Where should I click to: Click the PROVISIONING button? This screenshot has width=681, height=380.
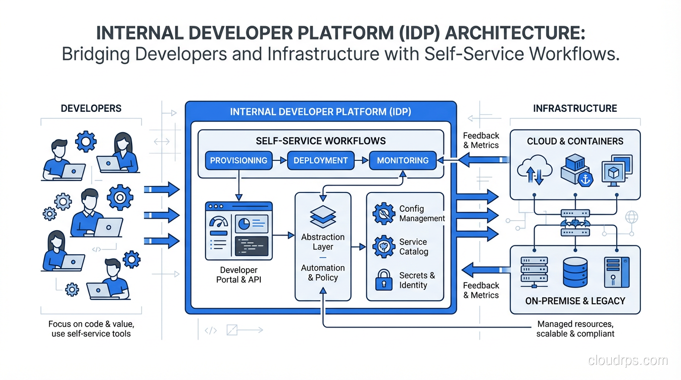[x=239, y=160]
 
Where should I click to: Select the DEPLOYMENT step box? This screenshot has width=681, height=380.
[x=321, y=160]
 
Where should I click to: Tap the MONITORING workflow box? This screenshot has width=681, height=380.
[x=402, y=160]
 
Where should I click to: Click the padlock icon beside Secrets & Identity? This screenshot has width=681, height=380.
[x=384, y=280]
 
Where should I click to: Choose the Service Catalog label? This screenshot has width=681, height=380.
[x=414, y=246]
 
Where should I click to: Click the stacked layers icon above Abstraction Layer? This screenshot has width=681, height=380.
[x=323, y=217]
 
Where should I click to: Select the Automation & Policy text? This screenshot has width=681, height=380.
[x=323, y=273]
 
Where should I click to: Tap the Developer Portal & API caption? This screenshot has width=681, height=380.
[x=239, y=275]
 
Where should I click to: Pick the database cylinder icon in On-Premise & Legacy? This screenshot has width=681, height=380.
[x=575, y=272]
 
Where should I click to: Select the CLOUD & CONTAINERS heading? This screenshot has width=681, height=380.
[x=575, y=141]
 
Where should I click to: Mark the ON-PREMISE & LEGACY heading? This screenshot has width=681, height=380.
[x=575, y=301]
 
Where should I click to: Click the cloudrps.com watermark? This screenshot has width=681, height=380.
[x=628, y=360]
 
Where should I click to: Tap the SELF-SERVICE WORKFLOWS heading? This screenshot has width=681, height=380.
[x=321, y=141]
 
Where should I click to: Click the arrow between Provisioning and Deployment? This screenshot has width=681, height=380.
[x=280, y=160]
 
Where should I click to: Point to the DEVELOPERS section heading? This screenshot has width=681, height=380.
[x=91, y=108]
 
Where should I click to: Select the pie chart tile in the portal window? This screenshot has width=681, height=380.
[x=251, y=224]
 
